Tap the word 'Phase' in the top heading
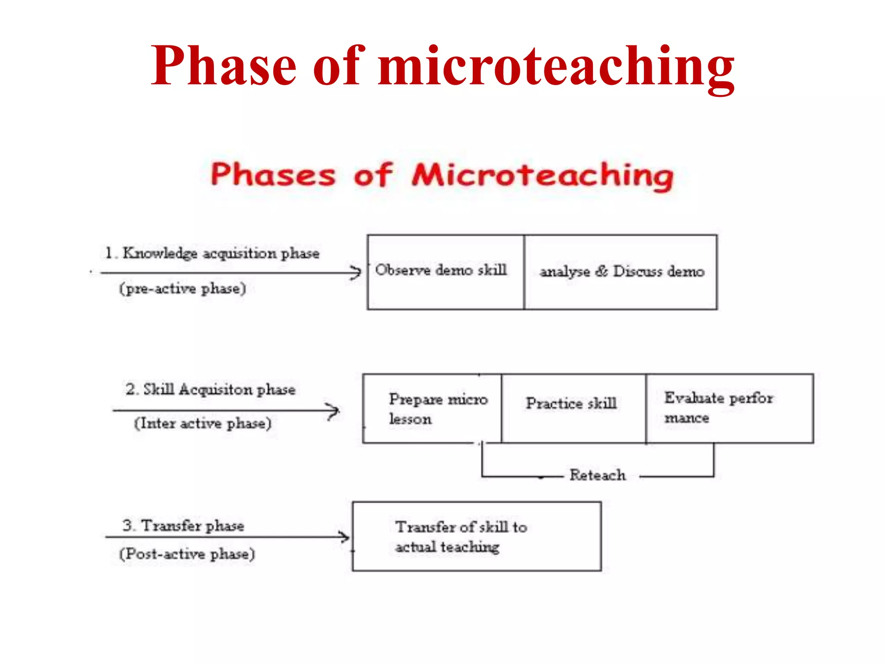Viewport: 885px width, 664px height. point(223,66)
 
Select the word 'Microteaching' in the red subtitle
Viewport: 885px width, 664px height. point(542,176)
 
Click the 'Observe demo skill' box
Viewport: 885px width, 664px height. point(445,272)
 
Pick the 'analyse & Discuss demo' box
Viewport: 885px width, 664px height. point(621,272)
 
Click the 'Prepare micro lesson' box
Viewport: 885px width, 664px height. point(432,409)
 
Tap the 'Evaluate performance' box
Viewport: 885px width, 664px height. point(729,409)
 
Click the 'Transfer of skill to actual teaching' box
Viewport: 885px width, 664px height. point(477,536)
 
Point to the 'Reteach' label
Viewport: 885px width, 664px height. point(597,476)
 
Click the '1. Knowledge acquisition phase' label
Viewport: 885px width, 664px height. point(212,253)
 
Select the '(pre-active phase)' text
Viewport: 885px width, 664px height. point(182,288)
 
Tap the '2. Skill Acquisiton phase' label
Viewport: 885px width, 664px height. point(210,389)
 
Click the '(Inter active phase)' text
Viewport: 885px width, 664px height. point(203,423)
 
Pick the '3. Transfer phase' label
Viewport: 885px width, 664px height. point(183,526)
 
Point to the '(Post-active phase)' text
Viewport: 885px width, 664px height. point(187,554)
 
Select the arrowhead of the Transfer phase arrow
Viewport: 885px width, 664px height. point(345,537)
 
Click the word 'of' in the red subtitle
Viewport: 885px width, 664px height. point(372,176)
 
